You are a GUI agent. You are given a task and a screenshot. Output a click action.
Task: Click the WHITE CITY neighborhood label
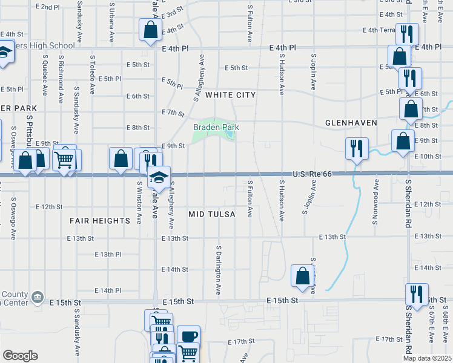click(x=230, y=95)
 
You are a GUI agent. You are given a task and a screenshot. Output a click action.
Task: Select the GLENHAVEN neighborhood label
click(x=351, y=123)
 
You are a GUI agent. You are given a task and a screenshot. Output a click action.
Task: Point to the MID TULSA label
click(x=211, y=214)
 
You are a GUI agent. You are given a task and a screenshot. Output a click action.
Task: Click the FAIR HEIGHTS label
click(x=100, y=221)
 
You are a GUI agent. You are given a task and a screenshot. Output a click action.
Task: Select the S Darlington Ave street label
click(x=219, y=270)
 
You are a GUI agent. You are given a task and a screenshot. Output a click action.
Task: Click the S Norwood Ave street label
click(x=375, y=200)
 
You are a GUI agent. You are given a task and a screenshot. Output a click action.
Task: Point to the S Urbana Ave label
click(x=112, y=21)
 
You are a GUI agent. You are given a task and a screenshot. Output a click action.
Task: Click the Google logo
click(x=20, y=355)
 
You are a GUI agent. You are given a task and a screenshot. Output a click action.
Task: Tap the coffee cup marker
click(x=188, y=336)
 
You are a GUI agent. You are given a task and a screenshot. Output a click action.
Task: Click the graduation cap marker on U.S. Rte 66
click(x=159, y=176)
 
